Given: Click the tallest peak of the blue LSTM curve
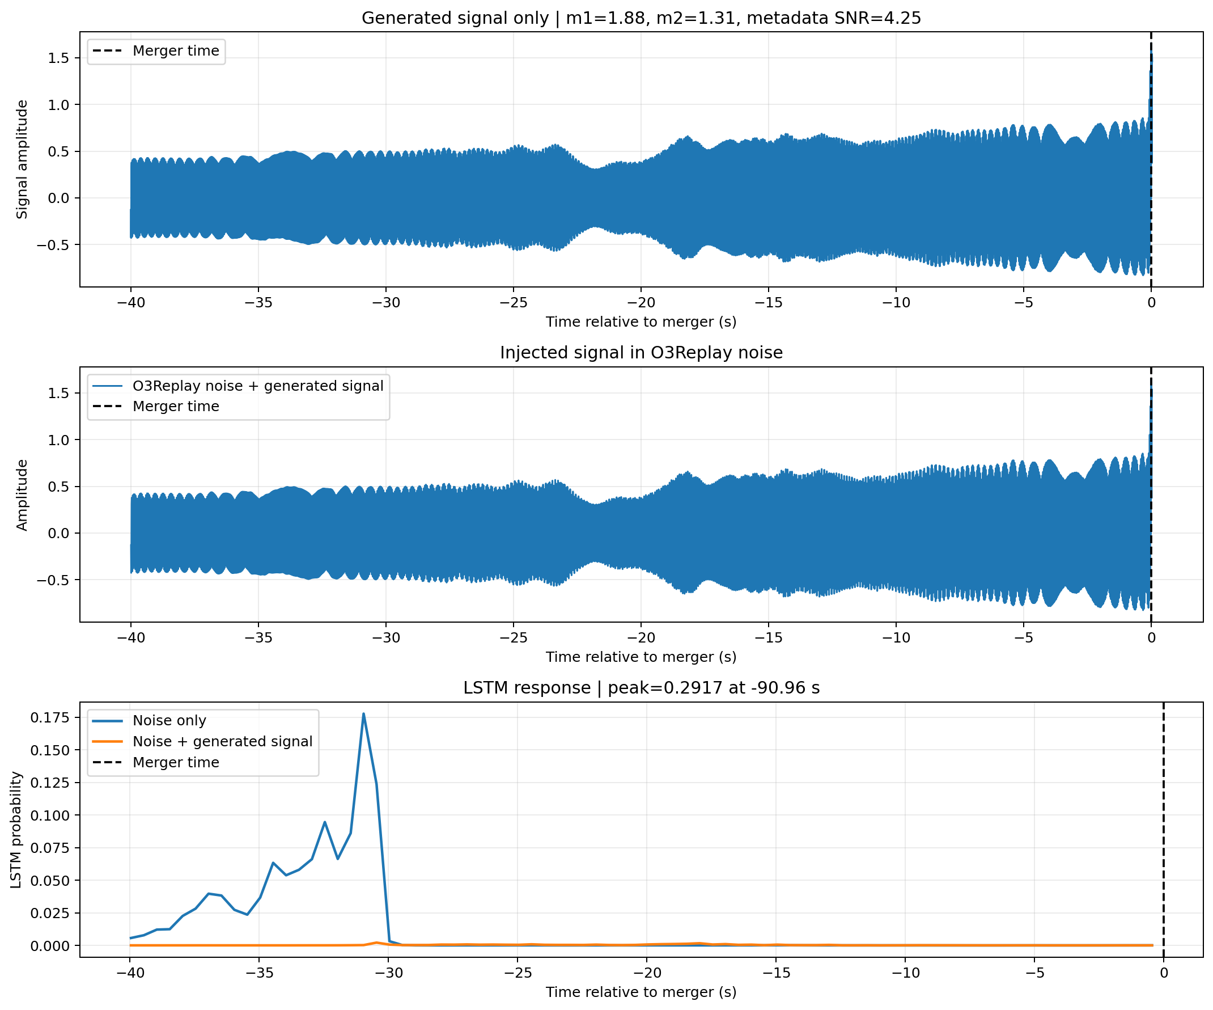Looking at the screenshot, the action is [x=363, y=713].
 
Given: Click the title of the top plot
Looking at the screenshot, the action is [x=641, y=18].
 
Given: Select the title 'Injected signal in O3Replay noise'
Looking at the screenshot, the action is [x=641, y=353].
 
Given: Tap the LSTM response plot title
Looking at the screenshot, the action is [x=641, y=687].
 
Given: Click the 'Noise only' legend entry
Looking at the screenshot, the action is [x=169, y=721].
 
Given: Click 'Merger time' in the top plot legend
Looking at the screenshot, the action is [x=176, y=51].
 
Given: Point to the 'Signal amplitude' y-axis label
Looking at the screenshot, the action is [x=22, y=159].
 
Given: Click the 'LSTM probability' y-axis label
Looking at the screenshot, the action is [x=16, y=830].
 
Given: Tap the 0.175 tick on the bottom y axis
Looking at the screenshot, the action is [x=50, y=717].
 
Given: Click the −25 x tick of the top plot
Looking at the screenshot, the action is [x=514, y=303].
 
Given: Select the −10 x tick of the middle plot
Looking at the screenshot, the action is [x=896, y=638].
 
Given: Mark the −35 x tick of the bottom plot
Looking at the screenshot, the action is [x=259, y=973].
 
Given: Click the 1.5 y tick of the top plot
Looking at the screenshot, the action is [x=58, y=58].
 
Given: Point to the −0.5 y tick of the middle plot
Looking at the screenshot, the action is [x=53, y=580].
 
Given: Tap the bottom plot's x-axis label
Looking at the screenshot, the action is [x=641, y=992].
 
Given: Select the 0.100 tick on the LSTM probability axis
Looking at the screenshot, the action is [x=50, y=815].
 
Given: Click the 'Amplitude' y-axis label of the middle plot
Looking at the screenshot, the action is [x=22, y=495].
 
